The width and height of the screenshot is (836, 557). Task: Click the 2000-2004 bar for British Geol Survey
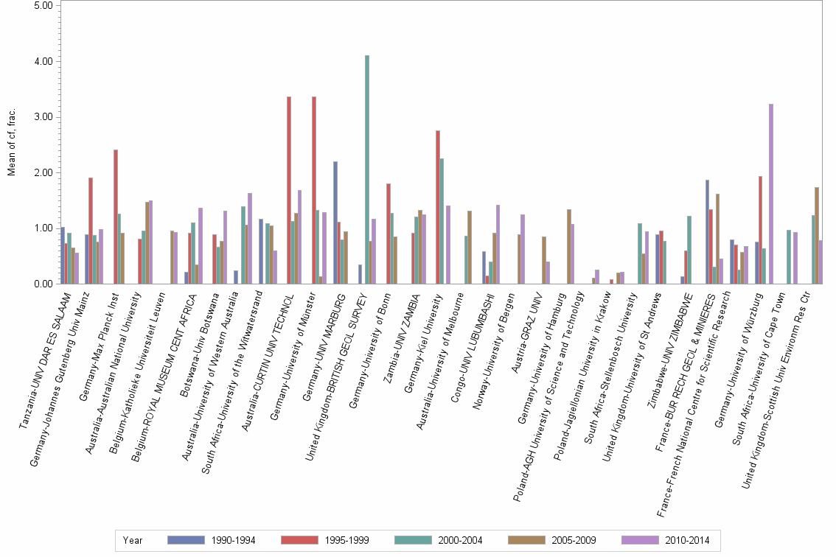coord(367,169)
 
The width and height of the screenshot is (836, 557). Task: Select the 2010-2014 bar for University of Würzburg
coord(771,194)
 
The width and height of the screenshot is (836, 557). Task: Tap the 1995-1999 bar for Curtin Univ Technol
coord(289,190)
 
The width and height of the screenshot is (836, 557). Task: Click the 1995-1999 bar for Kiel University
coord(438,207)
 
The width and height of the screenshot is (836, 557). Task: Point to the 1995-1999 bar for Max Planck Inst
coord(116,217)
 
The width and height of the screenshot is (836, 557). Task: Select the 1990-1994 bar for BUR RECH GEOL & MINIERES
coord(708,231)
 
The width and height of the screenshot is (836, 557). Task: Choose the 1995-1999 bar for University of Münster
coord(314,190)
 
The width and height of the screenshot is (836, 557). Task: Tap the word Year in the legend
coord(133,540)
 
